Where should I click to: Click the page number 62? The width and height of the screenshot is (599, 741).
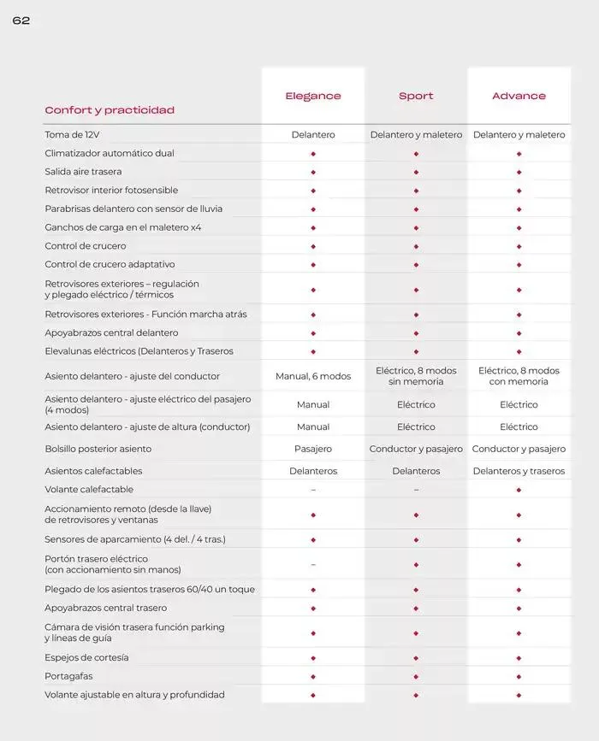21,21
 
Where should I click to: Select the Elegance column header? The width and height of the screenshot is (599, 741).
313,96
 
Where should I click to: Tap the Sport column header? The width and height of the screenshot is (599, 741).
416,96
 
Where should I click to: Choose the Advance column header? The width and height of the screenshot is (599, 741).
519,96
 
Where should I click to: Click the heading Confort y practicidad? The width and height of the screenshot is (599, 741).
110,110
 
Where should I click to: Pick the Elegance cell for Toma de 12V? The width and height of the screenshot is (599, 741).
313,135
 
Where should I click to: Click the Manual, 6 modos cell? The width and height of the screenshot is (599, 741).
313,376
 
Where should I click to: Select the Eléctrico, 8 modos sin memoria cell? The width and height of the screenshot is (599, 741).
416,376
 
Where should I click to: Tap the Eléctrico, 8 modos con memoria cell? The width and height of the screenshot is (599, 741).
519,376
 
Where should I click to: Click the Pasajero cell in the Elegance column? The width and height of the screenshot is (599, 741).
313,449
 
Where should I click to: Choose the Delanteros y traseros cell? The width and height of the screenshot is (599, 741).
519,471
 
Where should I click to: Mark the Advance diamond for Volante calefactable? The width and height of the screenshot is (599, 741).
519,490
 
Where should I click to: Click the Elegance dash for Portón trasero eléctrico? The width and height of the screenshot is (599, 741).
313,564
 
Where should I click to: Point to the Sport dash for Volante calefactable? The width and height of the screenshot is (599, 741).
416,490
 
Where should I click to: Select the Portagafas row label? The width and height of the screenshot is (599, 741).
69,676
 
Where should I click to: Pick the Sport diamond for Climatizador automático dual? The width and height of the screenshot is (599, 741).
416,154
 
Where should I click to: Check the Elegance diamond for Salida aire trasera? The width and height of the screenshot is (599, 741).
313,172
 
